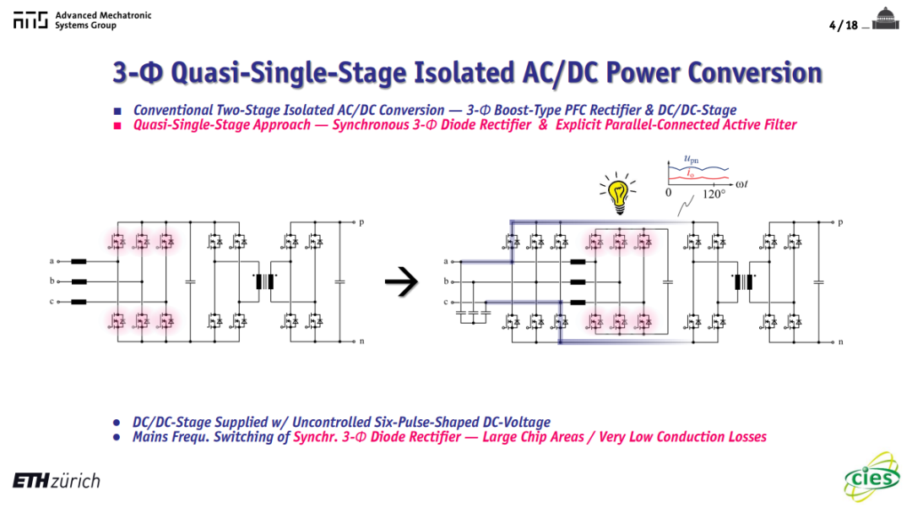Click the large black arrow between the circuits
401,281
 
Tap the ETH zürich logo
57,481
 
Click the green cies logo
871,477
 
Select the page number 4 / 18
844,25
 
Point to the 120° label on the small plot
714,194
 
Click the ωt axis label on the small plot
741,184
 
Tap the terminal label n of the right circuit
840,341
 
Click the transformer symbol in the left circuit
264,281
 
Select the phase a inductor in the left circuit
79,261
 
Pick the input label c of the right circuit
446,302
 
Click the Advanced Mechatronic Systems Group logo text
103,20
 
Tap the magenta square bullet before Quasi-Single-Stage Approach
117,126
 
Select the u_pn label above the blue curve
691,159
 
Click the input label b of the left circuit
52,281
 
